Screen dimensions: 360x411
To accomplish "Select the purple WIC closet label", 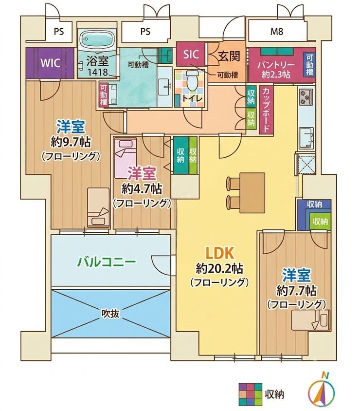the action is [51, 63].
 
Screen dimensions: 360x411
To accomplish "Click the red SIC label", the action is [191, 54].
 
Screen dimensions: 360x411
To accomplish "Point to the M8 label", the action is [277, 32].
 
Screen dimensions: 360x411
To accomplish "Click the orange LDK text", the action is [219, 253].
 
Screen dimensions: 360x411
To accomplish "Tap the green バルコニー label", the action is [107, 262].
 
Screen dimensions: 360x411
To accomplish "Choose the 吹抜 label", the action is [111, 313].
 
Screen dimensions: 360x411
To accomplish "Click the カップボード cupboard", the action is [266, 110].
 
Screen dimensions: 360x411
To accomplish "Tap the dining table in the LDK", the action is [252, 193].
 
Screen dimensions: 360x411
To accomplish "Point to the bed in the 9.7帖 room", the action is [98, 207].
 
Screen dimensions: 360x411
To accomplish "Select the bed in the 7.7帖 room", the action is [311, 320].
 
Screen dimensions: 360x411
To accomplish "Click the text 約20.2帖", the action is [219, 269].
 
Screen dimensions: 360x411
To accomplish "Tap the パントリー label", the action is [276, 65].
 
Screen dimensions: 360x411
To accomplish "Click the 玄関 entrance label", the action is [229, 56].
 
